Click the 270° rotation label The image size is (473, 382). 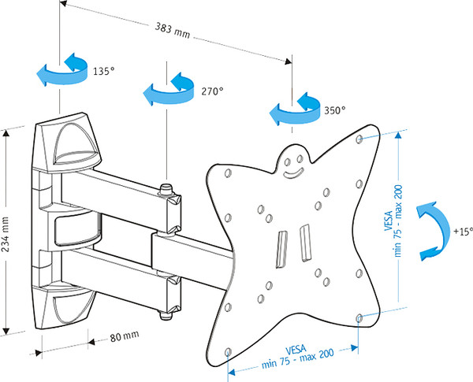pyautogui.click(x=211, y=91)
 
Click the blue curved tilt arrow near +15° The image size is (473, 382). pyautogui.click(x=428, y=229)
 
